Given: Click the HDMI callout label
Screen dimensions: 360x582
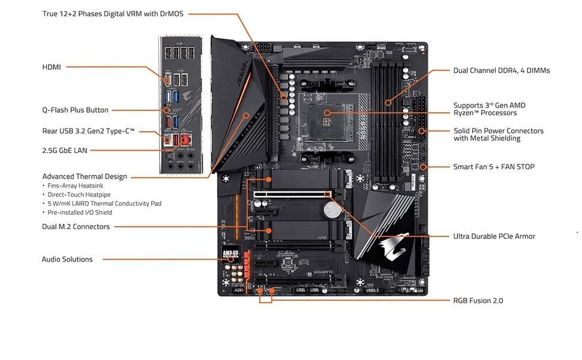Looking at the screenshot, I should tap(52, 67).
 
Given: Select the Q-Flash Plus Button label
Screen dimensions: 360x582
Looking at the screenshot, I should tap(75, 110).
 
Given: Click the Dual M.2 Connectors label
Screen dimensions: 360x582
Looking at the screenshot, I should tap(76, 227).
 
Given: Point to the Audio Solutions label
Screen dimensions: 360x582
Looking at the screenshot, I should tap(67, 259).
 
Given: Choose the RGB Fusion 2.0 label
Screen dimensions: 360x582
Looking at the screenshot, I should tap(478, 300).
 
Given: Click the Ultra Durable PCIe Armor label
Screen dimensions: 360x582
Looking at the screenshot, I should tap(494, 236).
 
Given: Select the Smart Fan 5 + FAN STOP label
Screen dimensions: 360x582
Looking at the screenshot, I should tap(493, 167).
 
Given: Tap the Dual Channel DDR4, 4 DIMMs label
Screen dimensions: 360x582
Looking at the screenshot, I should tap(501, 70).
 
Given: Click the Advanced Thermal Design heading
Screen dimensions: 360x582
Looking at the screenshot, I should tap(85, 176).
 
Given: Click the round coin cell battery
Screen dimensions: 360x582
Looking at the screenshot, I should tap(330, 209).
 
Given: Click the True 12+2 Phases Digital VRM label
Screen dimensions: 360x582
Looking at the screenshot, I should tap(113, 13).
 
